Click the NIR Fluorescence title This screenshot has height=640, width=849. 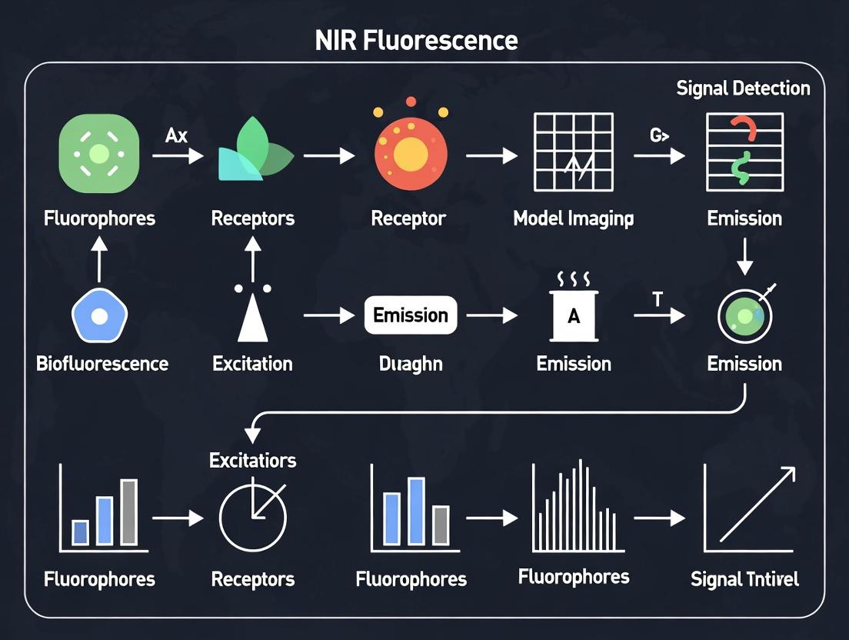click(416, 41)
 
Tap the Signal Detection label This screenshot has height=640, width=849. click(743, 88)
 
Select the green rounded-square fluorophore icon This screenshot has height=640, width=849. click(99, 154)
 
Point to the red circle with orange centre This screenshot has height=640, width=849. click(411, 152)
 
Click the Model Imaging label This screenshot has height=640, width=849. click(574, 218)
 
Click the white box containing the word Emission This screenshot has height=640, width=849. click(411, 315)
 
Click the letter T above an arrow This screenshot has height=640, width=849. click(657, 300)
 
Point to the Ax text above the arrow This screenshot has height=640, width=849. click(177, 136)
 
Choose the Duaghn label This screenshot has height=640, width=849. click(411, 364)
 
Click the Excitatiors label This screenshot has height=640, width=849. click(253, 461)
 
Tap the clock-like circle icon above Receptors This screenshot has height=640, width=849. click(253, 516)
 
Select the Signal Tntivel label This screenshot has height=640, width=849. click(744, 579)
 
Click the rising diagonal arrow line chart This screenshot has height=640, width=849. click(748, 508)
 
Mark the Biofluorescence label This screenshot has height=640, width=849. click(102, 364)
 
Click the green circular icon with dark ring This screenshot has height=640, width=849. click(744, 315)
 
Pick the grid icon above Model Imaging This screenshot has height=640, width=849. click(574, 152)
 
